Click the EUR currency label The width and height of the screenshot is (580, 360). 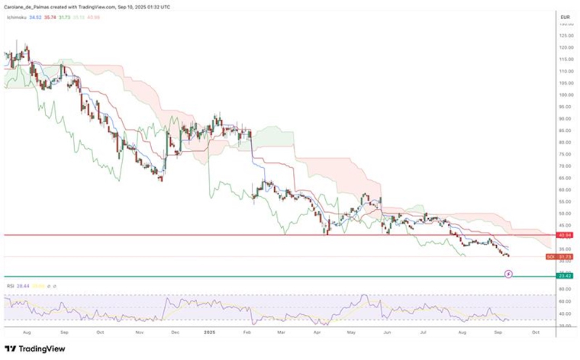pos(565,17)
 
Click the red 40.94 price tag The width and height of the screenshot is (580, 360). pos(565,236)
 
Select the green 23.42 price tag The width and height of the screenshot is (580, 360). pos(565,275)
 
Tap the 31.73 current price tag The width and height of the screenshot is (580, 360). pos(565,256)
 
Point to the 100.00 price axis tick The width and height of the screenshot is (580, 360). pos(565,95)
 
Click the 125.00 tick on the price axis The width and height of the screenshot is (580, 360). pos(565,35)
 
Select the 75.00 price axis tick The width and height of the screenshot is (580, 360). pos(565,154)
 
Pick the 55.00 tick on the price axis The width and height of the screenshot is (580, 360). pos(565,201)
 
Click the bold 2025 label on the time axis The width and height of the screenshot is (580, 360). pos(209,333)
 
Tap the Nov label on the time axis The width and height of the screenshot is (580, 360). pos(138,333)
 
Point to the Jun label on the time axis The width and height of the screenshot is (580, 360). pos(387,333)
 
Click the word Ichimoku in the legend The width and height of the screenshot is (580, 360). pos(16,17)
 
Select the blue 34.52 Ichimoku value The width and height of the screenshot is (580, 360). pos(35,17)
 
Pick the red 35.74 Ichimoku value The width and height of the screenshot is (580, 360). pos(50,17)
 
